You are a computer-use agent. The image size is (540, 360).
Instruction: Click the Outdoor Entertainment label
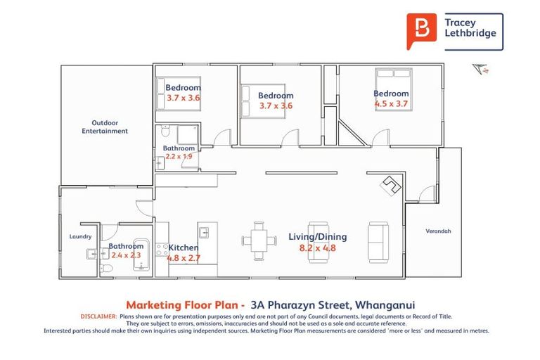click(x=105, y=127)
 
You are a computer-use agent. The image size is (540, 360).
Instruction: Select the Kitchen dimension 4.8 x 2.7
click(x=183, y=258)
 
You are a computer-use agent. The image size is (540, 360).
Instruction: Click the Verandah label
click(x=438, y=231)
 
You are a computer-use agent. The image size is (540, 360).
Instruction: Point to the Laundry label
click(x=80, y=237)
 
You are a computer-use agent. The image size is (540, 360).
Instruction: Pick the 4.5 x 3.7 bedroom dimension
click(x=391, y=103)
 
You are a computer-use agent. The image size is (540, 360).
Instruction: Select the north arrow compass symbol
click(x=480, y=68)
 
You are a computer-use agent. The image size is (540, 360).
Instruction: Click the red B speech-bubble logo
click(x=421, y=31)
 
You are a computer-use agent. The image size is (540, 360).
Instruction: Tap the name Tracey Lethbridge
click(x=470, y=28)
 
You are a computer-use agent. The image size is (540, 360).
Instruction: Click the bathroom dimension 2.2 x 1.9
click(x=179, y=157)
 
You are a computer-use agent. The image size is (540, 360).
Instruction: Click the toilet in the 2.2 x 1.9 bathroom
click(x=165, y=131)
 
